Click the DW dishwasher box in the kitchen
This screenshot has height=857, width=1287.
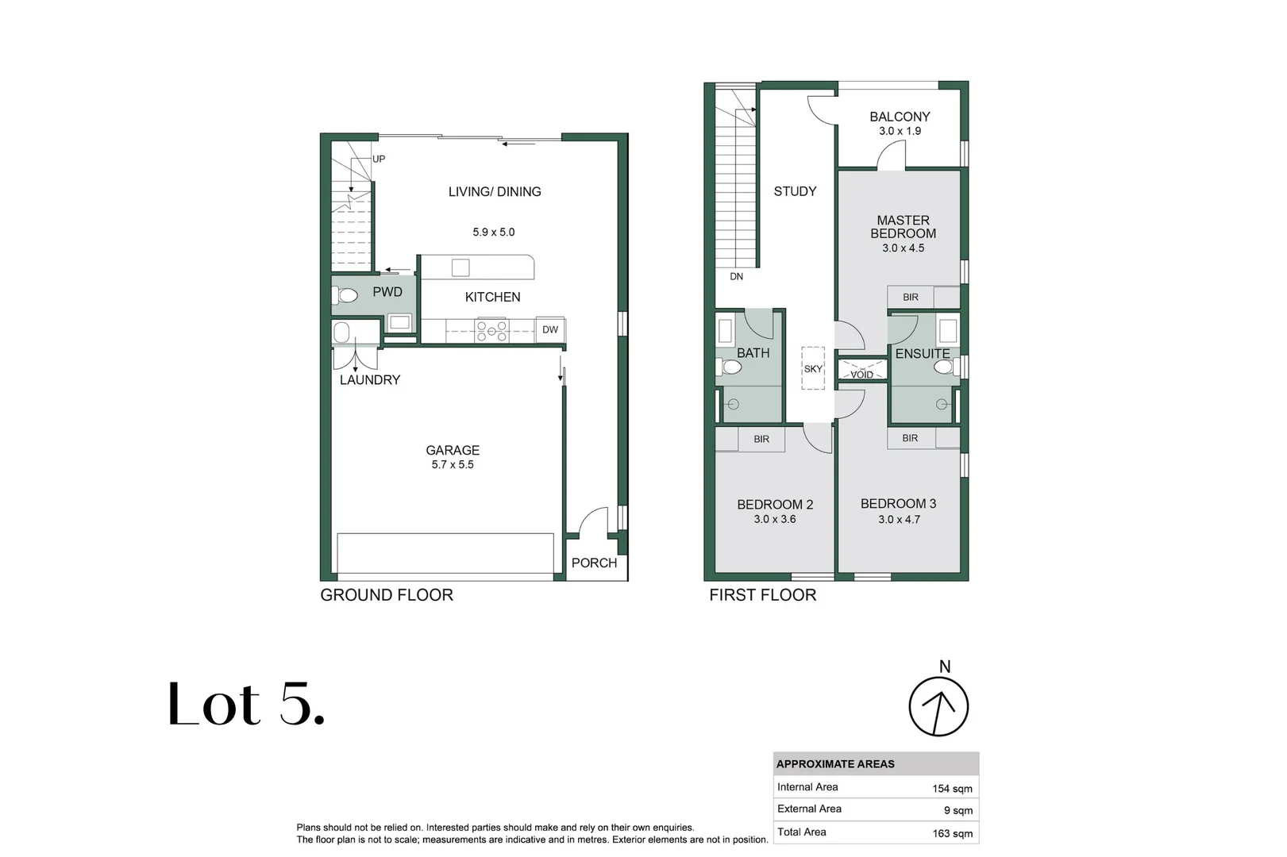550,329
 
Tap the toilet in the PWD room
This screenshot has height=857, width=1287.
345,296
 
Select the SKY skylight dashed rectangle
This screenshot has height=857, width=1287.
813,368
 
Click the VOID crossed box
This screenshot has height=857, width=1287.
862,369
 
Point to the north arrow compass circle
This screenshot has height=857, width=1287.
938,706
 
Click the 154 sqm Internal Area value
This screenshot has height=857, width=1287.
952,789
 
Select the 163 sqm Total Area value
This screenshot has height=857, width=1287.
952,833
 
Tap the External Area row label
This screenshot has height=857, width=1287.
809,809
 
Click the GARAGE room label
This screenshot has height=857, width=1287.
453,451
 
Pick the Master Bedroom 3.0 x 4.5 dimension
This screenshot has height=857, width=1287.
904,248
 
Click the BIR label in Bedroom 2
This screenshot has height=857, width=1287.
761,440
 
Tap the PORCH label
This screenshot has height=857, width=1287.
594,563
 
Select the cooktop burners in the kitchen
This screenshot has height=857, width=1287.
491,331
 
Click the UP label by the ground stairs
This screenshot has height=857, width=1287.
379,159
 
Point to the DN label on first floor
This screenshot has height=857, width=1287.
736,277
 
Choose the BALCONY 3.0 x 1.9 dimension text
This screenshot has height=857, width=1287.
900,131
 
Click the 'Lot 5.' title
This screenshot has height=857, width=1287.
246,704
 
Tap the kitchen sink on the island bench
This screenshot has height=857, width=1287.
460,267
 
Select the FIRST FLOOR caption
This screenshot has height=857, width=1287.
762,595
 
